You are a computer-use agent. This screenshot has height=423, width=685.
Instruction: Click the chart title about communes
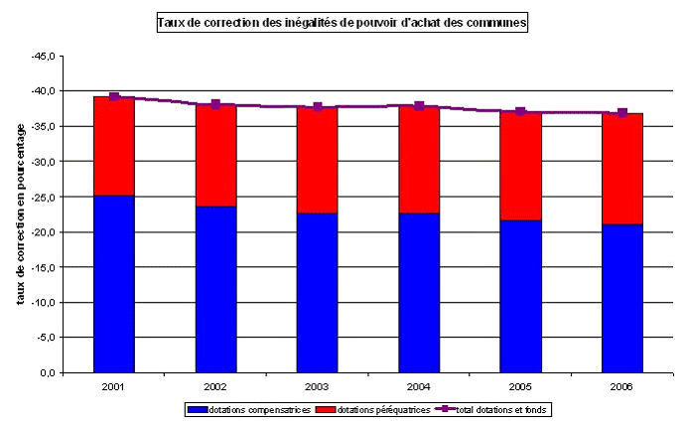[342, 22]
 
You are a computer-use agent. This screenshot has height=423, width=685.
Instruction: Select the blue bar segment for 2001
[114, 283]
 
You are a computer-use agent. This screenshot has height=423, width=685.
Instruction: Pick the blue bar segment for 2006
[622, 298]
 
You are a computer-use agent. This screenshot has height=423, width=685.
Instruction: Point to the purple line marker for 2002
[215, 104]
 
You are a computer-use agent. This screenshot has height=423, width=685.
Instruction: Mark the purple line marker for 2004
[419, 105]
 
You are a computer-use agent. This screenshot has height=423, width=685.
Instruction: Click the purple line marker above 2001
[114, 96]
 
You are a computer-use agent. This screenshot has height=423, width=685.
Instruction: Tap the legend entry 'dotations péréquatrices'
[382, 409]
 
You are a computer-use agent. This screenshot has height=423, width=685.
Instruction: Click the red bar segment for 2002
[215, 155]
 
